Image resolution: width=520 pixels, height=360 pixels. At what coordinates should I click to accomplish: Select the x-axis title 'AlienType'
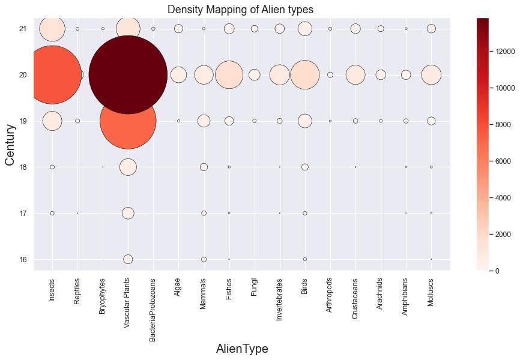(242, 349)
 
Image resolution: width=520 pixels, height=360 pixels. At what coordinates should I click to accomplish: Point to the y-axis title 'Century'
(10, 144)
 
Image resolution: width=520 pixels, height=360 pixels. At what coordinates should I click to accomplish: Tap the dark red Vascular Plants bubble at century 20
(128, 75)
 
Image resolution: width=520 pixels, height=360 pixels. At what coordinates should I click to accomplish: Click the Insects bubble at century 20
(52, 75)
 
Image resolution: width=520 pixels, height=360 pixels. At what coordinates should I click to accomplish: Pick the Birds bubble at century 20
(305, 75)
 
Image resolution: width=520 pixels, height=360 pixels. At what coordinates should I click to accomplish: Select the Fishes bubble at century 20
(229, 75)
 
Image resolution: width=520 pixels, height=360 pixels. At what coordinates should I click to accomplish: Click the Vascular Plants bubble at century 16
(128, 259)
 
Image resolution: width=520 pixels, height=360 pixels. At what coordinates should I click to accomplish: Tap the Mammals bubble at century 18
(204, 167)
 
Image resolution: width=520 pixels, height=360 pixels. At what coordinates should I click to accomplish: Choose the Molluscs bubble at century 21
(431, 29)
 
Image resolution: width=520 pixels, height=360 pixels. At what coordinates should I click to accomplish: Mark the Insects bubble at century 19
(52, 121)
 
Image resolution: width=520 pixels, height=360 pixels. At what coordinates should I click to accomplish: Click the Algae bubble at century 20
(178, 75)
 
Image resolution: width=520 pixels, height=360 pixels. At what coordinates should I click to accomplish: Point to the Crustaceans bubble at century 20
(355, 75)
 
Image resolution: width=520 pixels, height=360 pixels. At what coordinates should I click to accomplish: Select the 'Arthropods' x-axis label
(330, 298)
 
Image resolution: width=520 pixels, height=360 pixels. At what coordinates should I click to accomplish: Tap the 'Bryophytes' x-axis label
(103, 298)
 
